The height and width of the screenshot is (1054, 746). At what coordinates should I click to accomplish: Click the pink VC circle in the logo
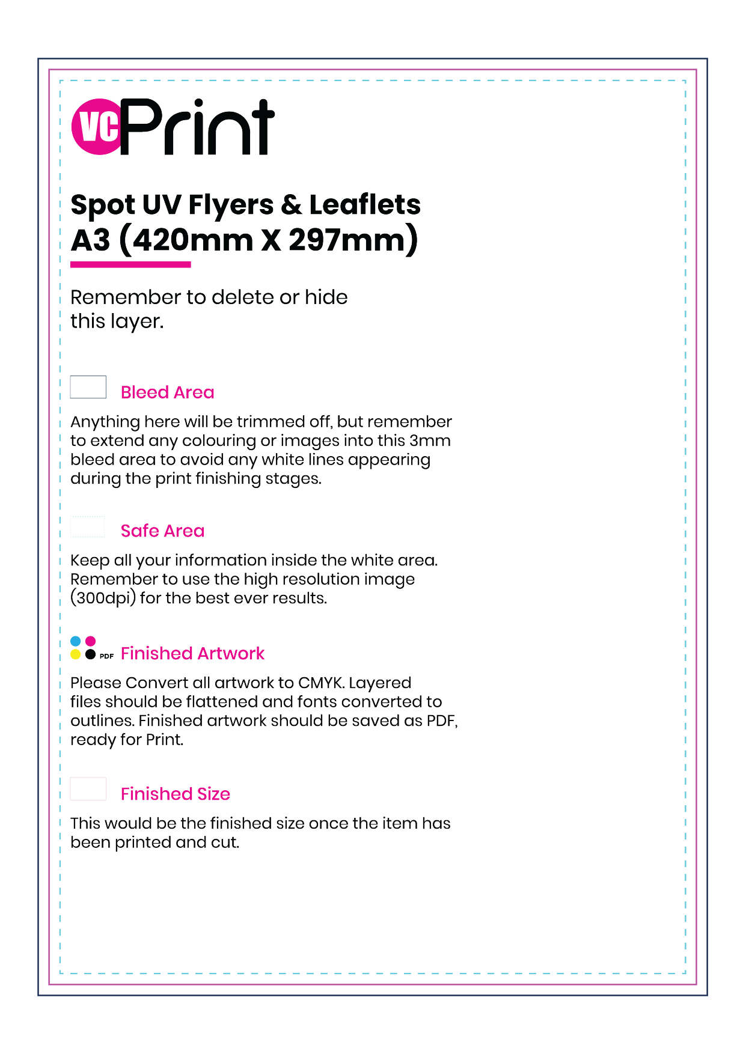[x=96, y=127]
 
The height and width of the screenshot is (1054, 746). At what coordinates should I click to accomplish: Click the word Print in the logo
[x=198, y=128]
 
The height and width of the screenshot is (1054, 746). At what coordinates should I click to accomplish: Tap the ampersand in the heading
[x=291, y=204]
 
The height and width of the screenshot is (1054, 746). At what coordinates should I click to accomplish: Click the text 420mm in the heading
[x=192, y=240]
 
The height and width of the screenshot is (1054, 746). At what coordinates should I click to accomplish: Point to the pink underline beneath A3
[x=130, y=264]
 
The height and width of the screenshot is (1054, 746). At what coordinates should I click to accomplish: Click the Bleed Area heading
[x=167, y=392]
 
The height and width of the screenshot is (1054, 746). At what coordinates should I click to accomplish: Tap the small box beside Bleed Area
[x=88, y=387]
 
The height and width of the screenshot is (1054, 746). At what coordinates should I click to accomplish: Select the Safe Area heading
[x=162, y=531]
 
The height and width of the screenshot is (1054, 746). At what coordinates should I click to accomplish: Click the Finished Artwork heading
[x=192, y=653]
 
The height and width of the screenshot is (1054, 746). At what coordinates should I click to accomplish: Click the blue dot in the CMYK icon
[x=76, y=641]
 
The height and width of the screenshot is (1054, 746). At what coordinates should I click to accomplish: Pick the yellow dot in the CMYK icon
[x=76, y=654]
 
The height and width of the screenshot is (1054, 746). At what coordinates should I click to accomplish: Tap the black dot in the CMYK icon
[x=90, y=654]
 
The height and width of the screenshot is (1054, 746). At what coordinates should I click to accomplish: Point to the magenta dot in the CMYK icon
[x=90, y=641]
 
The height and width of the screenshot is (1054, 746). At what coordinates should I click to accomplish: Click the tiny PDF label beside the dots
[x=106, y=656]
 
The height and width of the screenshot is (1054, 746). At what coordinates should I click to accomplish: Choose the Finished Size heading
[x=176, y=794]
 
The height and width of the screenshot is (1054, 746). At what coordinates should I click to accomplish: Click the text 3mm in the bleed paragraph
[x=430, y=440]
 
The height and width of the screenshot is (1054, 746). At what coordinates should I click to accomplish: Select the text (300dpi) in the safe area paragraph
[x=103, y=599]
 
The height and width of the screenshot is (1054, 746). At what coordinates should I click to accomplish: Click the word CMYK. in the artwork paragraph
[x=321, y=683]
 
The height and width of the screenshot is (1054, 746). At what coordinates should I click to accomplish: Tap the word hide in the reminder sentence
[x=326, y=297]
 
